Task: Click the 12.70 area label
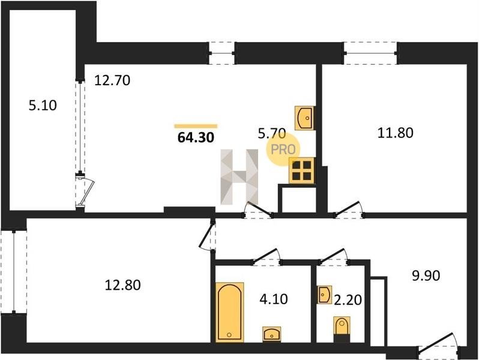coord(112,80)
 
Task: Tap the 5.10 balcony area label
coord(43,106)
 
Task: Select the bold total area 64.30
coord(196,137)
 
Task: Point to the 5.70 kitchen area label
coord(272,133)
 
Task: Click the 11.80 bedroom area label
coord(396,133)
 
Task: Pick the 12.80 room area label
coord(123,285)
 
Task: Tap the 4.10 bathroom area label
coord(274,299)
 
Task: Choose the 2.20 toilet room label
coord(348,300)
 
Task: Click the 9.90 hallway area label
coord(426,275)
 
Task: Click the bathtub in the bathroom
coord(230,312)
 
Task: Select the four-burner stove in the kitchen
coord(301,170)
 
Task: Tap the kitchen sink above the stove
coord(305,118)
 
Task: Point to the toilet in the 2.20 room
coord(342,329)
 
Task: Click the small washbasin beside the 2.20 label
coord(324,295)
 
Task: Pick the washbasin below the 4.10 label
coord(272,334)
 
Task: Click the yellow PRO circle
coord(283,149)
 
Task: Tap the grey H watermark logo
coord(239,177)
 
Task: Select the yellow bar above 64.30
coord(196,126)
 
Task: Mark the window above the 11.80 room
coord(370,53)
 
